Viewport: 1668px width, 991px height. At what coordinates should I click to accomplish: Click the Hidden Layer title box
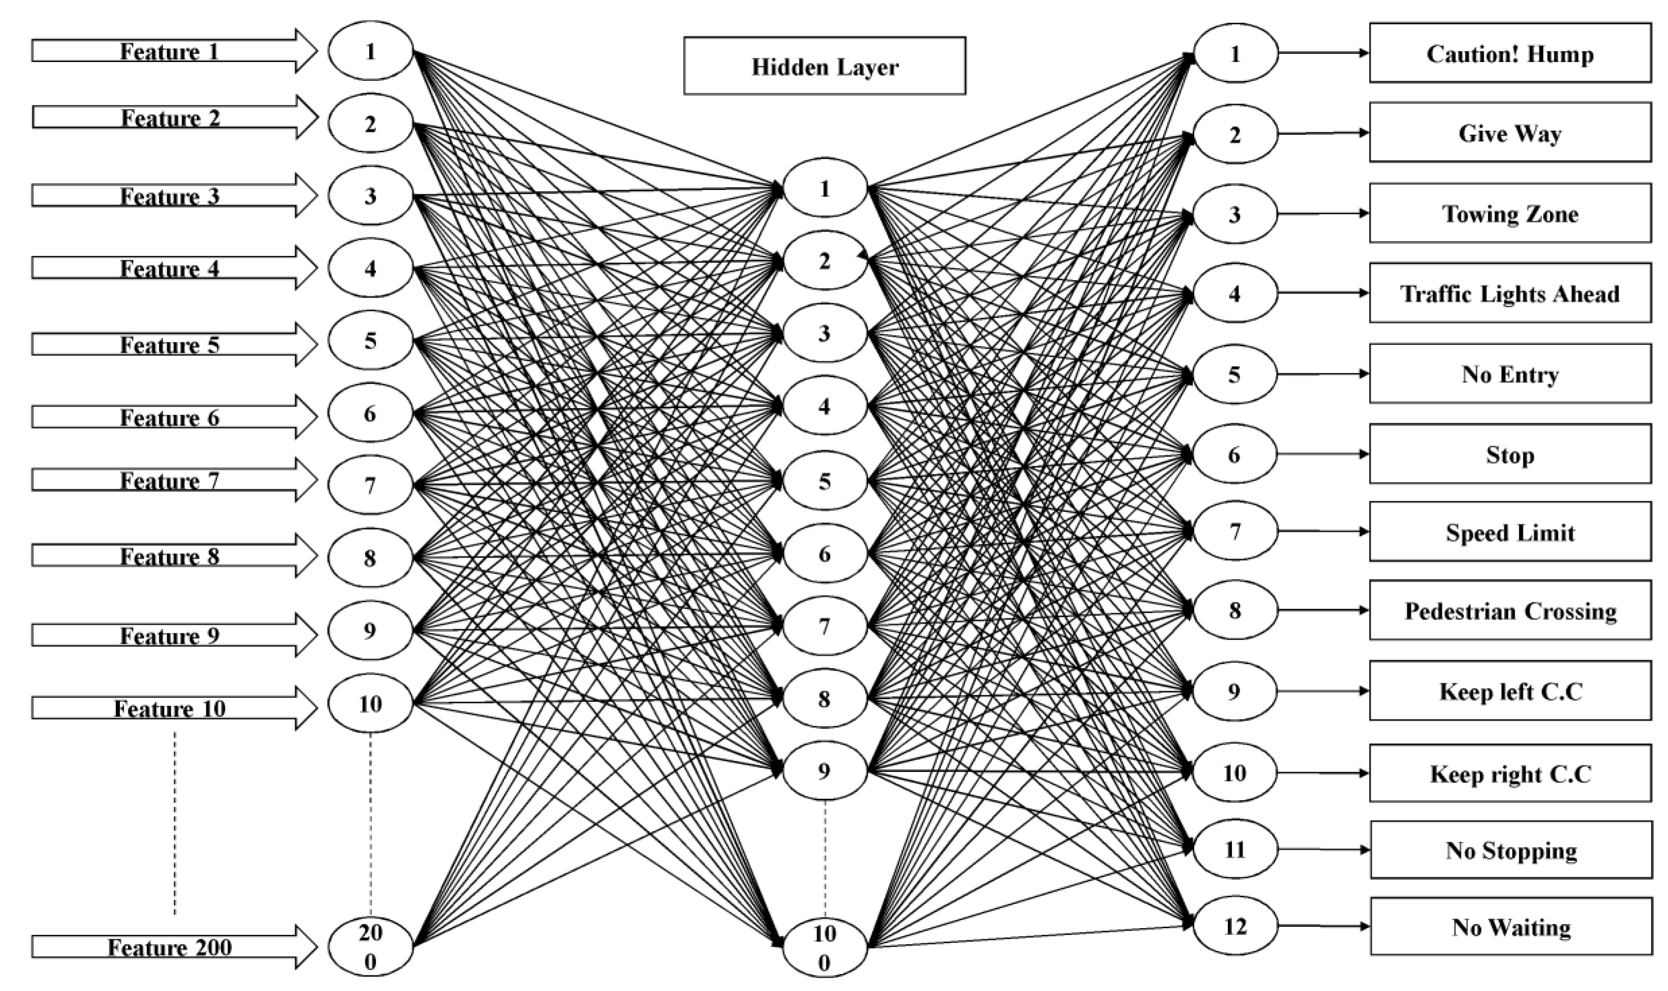coord(824,66)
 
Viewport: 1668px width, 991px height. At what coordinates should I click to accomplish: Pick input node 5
coord(370,341)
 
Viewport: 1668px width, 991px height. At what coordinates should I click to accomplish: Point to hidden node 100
coord(824,947)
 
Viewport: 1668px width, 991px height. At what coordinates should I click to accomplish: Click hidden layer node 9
coord(824,771)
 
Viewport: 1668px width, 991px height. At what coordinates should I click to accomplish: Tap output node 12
coord(1235,925)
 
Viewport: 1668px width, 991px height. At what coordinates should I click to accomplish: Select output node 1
coord(1235,53)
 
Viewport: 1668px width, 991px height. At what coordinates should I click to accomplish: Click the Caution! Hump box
coord(1509,53)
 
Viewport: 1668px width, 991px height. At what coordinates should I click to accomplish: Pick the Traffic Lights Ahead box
coord(1509,293)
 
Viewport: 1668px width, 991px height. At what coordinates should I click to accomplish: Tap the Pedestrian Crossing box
coord(1509,610)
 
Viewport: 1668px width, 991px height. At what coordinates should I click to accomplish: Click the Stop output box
coord(1509,454)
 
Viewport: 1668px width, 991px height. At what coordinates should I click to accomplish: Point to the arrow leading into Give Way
coord(1323,133)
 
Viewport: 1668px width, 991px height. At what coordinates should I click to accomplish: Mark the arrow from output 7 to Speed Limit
coord(1323,531)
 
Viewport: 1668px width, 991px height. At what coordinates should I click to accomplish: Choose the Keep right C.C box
coord(1509,773)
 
